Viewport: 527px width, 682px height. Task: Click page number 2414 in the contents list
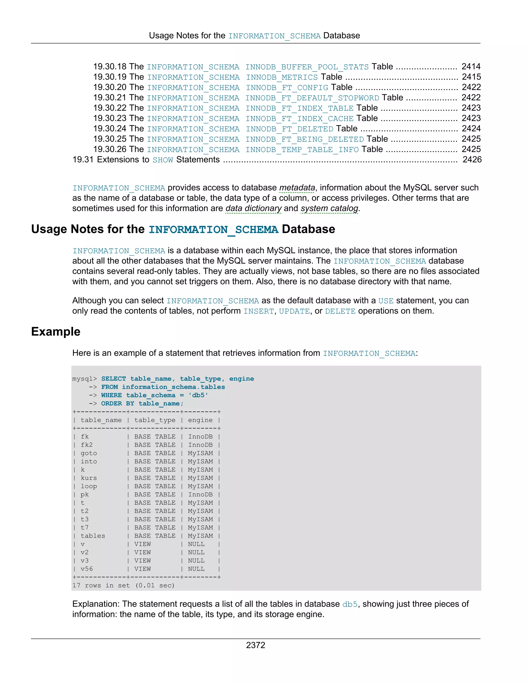(471, 66)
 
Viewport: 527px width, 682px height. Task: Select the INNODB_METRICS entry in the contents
(282, 77)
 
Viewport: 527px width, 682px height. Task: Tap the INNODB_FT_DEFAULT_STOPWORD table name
(312, 98)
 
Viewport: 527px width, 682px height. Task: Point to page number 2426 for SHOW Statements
(472, 160)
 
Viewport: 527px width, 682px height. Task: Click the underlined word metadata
(297, 188)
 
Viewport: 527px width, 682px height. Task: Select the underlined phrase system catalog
(329, 208)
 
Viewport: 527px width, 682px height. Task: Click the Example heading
(56, 331)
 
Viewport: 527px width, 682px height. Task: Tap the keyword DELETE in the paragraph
(340, 311)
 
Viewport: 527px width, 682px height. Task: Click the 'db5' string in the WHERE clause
(198, 395)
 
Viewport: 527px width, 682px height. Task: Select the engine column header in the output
(200, 420)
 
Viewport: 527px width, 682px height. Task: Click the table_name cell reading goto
(89, 453)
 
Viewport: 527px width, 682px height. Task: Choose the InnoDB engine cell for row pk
(200, 494)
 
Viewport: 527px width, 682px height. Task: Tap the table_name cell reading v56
(86, 569)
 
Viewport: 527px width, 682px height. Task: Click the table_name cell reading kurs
(89, 478)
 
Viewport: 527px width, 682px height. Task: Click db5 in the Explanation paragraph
(349, 604)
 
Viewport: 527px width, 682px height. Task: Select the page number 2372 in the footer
(255, 645)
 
